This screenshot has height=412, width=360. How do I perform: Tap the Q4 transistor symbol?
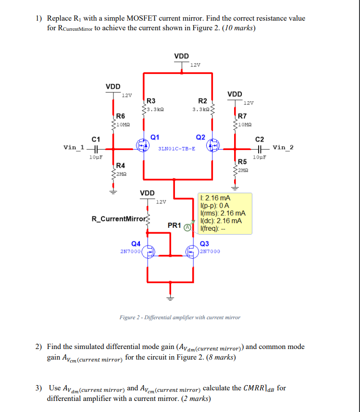click(148, 251)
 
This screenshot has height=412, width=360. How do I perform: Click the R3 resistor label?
click(150, 101)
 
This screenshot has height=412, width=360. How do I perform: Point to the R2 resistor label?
click(202, 101)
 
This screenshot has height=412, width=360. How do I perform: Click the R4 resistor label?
click(121, 165)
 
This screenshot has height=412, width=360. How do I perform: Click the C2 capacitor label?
click(260, 139)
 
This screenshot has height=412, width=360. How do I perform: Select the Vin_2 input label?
click(283, 147)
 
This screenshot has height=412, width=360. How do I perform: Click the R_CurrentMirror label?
click(118, 219)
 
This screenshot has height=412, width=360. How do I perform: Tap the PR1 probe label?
click(174, 225)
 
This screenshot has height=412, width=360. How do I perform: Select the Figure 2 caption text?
click(180, 317)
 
